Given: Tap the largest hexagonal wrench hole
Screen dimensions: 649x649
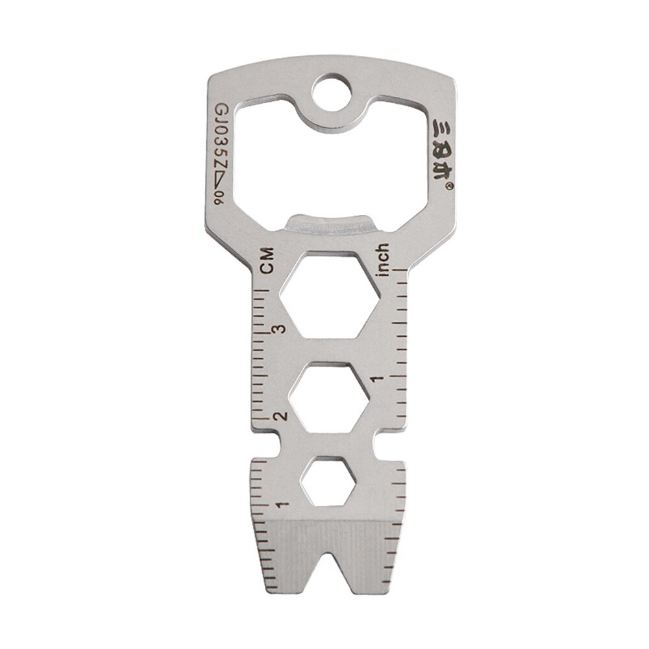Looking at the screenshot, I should tap(330, 295).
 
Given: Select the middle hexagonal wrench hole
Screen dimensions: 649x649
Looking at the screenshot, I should tap(329, 397).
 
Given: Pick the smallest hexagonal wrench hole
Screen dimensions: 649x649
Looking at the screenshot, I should tap(328, 481).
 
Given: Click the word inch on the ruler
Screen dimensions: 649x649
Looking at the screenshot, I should tap(382, 260).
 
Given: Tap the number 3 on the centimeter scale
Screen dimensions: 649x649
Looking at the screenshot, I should tap(279, 329).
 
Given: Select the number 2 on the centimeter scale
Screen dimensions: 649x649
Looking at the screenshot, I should tap(280, 416).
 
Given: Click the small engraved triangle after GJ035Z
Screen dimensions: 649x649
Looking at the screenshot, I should tap(221, 185).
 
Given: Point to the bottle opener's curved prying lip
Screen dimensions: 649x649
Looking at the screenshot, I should tap(331, 223).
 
